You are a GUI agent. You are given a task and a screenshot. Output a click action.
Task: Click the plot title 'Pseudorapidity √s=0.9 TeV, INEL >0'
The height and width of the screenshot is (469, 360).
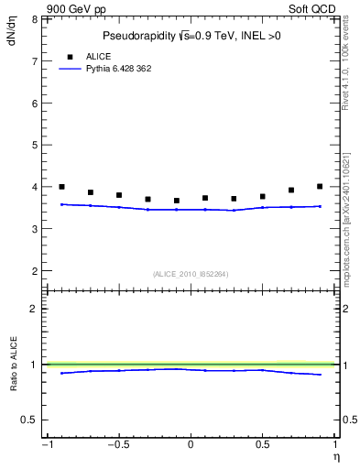(191, 37)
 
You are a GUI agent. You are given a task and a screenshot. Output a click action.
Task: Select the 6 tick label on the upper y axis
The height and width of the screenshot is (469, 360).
(35, 103)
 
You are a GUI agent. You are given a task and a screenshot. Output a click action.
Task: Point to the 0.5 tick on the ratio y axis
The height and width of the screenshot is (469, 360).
(30, 420)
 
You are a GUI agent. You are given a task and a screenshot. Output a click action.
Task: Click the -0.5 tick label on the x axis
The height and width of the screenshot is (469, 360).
(118, 445)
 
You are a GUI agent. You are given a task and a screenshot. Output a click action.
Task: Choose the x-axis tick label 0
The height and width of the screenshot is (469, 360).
(191, 445)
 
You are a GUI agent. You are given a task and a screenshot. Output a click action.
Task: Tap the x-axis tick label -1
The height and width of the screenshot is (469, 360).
(46, 445)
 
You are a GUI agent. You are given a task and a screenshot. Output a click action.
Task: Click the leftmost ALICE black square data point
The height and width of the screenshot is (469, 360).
(61, 187)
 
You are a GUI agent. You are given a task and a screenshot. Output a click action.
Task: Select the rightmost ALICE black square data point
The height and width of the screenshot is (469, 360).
(320, 187)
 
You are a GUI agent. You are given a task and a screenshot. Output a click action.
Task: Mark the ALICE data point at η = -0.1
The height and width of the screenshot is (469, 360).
(177, 201)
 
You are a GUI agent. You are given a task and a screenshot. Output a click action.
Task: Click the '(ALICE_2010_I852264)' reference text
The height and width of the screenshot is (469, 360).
(191, 273)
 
